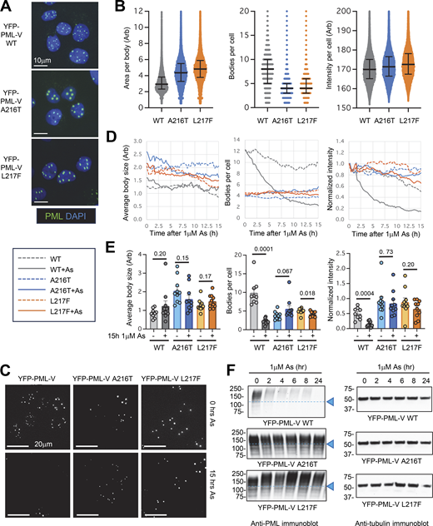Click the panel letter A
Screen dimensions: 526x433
(x=6, y=7)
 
